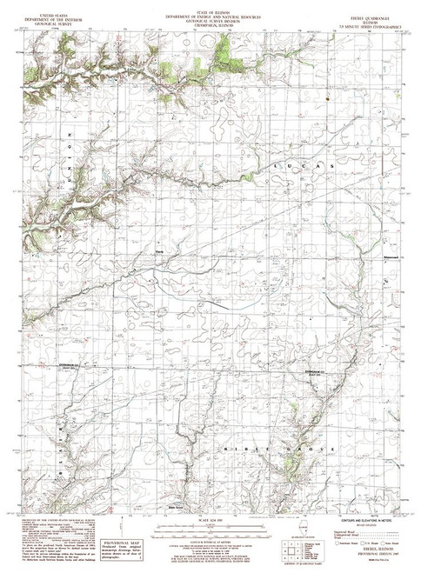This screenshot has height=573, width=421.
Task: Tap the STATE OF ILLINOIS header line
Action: [x=210, y=7]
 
